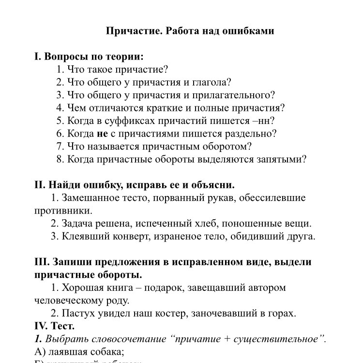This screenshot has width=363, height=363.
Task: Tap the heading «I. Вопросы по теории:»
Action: [89, 56]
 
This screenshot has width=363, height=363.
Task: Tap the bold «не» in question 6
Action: [102, 134]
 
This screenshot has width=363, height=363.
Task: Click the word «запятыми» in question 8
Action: [281, 159]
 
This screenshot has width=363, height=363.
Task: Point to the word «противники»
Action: [63, 211]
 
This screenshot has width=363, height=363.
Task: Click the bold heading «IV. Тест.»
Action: [54, 326]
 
